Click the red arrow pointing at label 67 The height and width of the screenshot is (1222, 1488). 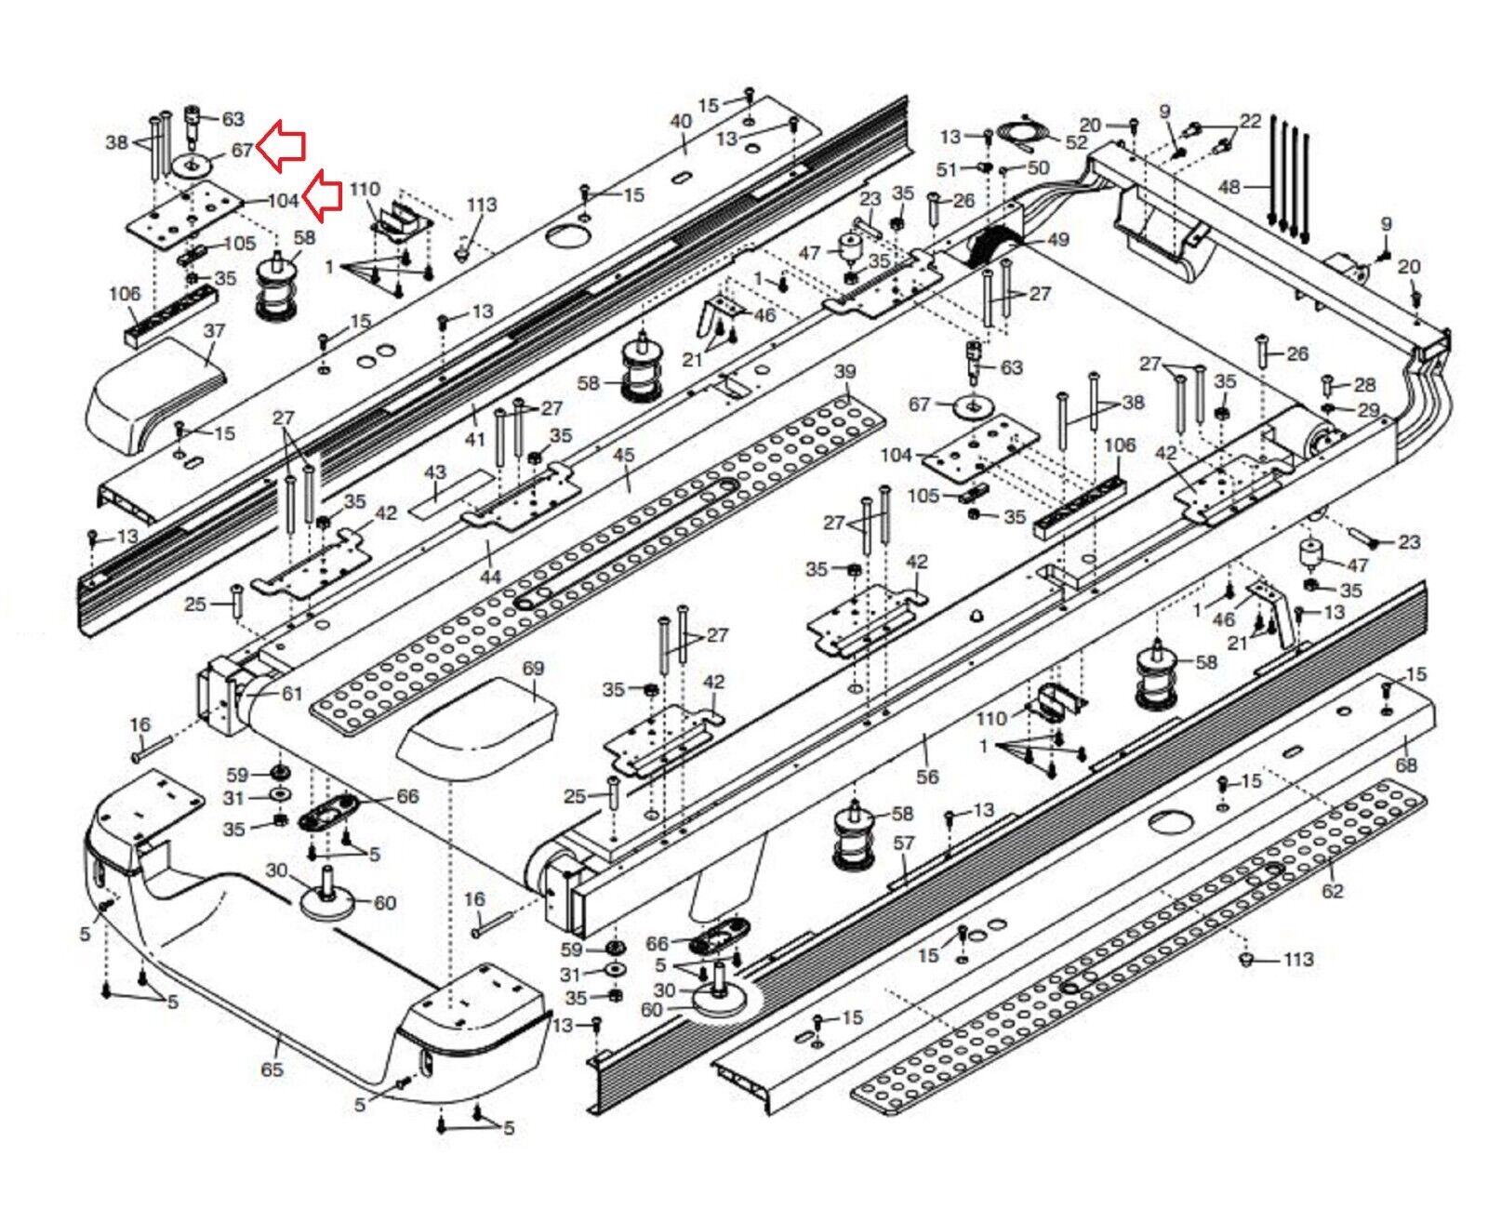[x=281, y=148]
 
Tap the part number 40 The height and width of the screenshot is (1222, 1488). [x=681, y=121]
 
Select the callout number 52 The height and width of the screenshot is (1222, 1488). [x=1076, y=142]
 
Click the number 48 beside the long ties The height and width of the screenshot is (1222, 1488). [x=1229, y=187]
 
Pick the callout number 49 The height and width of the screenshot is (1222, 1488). [x=1057, y=240]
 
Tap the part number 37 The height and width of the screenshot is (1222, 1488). [x=214, y=331]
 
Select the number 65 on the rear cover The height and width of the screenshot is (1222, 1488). [x=272, y=1069]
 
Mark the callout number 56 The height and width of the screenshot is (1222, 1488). [x=927, y=776]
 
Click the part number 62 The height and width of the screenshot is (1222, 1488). [x=1333, y=891]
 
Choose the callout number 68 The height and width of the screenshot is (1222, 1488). [x=1406, y=764]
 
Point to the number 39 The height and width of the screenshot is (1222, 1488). [x=844, y=372]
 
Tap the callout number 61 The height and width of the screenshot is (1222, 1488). [x=292, y=693]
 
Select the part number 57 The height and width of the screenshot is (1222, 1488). [x=904, y=843]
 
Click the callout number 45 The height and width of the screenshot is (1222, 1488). [x=624, y=455]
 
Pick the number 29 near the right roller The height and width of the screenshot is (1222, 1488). [x=1368, y=410]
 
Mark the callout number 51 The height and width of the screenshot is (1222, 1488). [x=946, y=169]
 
